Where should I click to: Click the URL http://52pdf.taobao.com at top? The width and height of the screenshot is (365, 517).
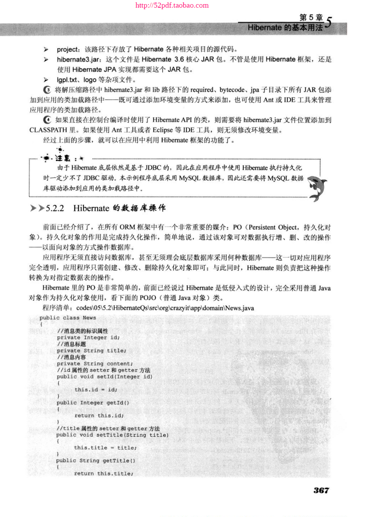click(x=172, y=5)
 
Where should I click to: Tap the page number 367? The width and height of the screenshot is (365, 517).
click(x=321, y=490)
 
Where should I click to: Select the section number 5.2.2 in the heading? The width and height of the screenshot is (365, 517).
click(x=55, y=208)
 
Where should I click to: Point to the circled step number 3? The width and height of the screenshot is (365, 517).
click(x=47, y=90)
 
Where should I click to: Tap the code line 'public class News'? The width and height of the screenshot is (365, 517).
click(x=68, y=318)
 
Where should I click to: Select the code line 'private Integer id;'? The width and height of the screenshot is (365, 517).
click(x=88, y=337)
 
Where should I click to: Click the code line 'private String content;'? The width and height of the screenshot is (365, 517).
click(x=95, y=364)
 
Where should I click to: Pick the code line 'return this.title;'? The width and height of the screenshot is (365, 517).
click(x=103, y=474)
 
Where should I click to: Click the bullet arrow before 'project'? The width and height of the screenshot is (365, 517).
click(x=46, y=50)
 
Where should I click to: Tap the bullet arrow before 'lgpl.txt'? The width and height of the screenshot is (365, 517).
click(x=46, y=80)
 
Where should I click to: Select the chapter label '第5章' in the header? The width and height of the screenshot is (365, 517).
click(x=311, y=17)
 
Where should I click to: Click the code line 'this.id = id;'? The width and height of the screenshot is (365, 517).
click(x=96, y=389)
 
